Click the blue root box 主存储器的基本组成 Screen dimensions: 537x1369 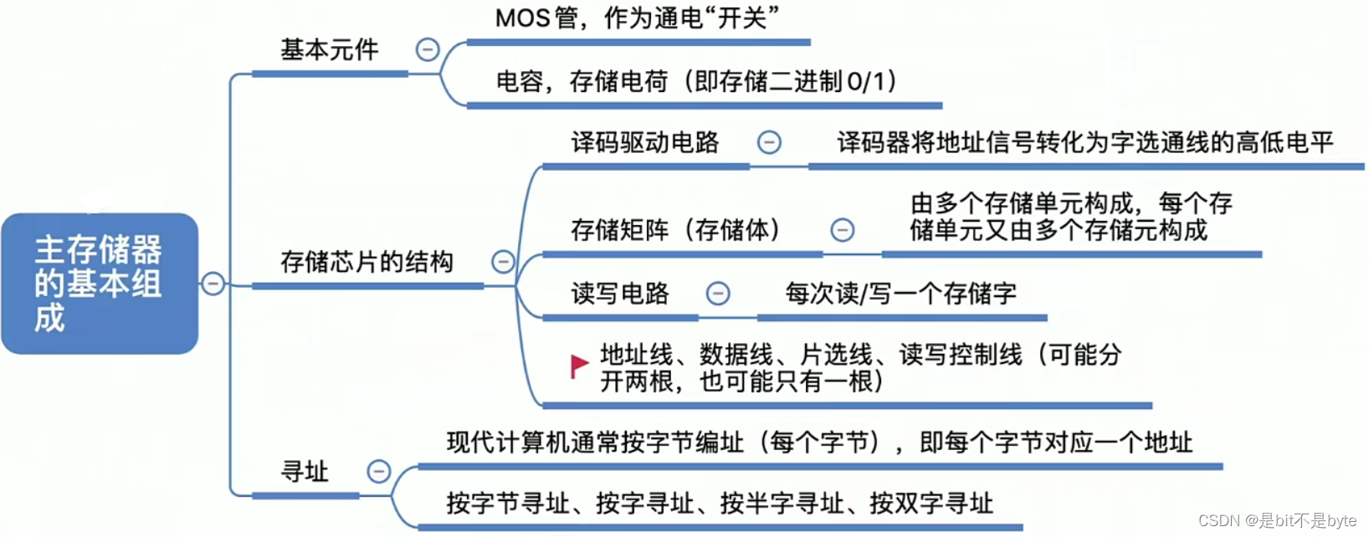tap(99, 283)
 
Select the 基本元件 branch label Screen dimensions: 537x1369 tap(329, 50)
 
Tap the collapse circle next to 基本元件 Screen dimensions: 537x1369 tap(428, 49)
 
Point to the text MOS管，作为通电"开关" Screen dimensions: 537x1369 tap(637, 18)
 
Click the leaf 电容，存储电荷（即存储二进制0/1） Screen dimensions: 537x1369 tap(697, 81)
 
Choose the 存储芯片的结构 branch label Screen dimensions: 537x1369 tap(367, 262)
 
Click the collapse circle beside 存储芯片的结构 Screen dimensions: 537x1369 tap(503, 262)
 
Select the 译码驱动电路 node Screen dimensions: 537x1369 tap(644, 142)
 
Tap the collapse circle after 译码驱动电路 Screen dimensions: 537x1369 tap(769, 142)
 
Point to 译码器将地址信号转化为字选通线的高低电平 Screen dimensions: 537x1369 tap(1084, 142)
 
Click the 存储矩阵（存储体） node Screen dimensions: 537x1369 tap(675, 229)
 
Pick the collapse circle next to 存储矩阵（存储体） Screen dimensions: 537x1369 tap(842, 229)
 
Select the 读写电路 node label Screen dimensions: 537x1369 tap(619, 294)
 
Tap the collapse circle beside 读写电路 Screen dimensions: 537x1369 tap(718, 294)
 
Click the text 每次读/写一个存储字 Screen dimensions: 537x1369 tap(900, 294)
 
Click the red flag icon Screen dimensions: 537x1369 tap(579, 366)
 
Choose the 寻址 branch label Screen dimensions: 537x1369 tap(305, 472)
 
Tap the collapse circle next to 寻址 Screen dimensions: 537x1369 tap(379, 472)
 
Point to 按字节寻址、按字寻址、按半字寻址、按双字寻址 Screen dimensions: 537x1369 tap(720, 504)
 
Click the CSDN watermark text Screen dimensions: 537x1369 tap(1277, 520)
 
